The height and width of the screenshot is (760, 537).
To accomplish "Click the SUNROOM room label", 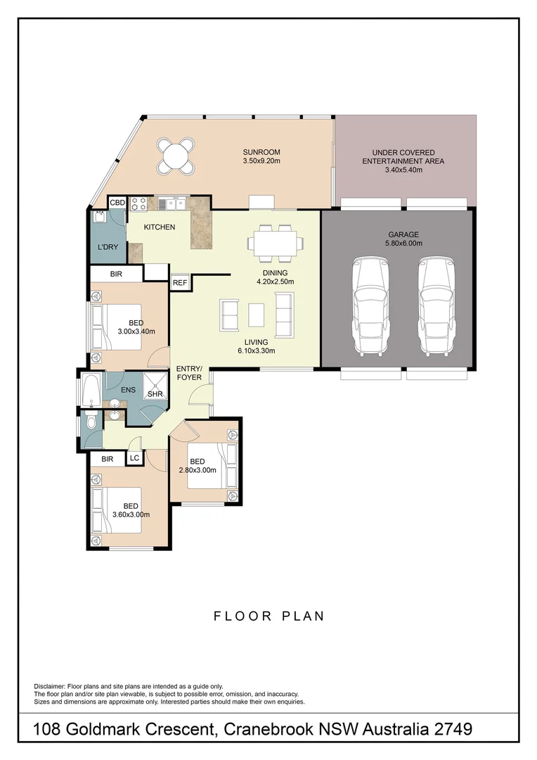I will click(261, 151).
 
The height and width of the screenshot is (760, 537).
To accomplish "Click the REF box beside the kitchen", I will click(180, 282).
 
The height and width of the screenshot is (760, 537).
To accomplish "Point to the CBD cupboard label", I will click(117, 203).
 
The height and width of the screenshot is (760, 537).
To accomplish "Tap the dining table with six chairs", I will click(276, 242).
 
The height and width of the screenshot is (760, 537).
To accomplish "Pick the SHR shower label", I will click(155, 394).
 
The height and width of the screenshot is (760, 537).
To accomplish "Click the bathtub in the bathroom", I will click(91, 391).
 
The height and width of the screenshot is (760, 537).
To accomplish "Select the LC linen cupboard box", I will click(134, 458).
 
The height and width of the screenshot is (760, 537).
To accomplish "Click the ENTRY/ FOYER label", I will click(189, 373).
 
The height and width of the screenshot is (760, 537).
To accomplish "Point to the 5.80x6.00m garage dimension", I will click(403, 243).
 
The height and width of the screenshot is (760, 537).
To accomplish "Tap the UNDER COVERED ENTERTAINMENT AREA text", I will click(403, 156).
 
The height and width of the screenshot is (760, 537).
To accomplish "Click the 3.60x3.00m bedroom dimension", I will click(131, 514).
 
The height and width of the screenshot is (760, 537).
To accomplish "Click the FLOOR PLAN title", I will click(268, 616).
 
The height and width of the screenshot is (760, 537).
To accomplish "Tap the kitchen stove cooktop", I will click(138, 203).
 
